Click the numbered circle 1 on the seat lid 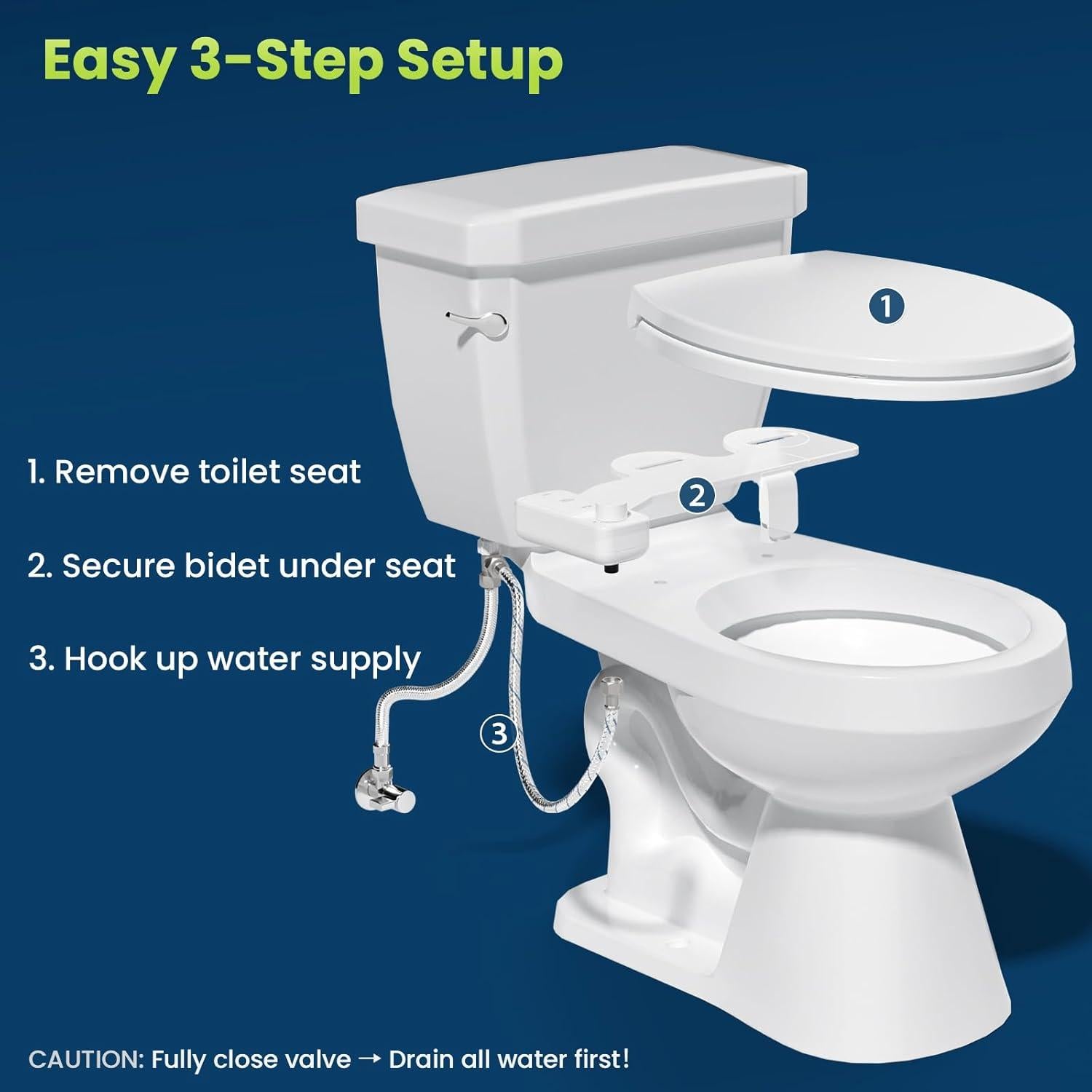coord(886,306)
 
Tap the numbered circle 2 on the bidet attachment coord(697,496)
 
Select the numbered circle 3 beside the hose coord(499,733)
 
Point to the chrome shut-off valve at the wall coord(384,790)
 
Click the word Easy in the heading coord(108,62)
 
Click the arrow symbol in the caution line coord(370,1060)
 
